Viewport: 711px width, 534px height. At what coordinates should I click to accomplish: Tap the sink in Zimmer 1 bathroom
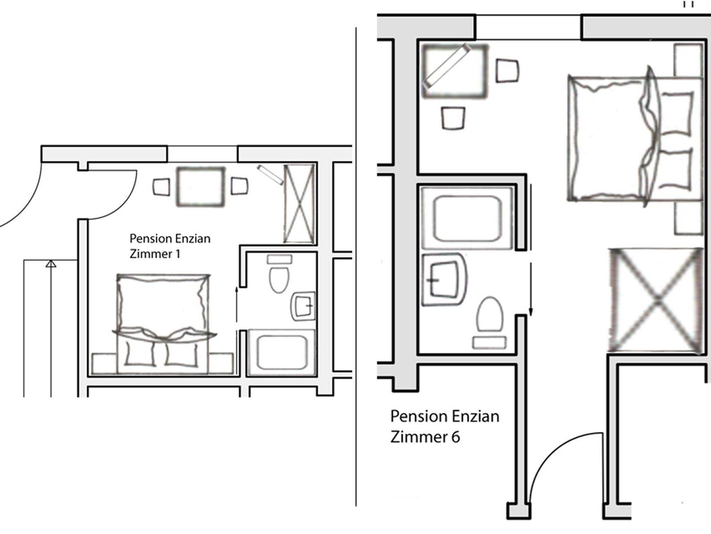click(303, 306)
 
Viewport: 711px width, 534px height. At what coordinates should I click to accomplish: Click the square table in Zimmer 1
click(200, 187)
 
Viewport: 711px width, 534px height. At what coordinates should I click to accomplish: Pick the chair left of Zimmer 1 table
click(161, 187)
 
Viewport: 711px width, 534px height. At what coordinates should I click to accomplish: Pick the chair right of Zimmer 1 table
click(240, 186)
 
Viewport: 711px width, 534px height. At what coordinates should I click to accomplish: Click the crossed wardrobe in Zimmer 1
click(299, 204)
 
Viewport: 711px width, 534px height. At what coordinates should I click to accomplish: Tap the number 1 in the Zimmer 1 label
click(178, 254)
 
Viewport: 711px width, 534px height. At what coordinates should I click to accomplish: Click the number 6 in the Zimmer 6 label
click(455, 436)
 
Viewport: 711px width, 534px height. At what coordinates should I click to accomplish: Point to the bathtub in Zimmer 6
click(467, 218)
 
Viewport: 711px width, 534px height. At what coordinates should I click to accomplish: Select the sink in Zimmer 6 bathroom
click(444, 280)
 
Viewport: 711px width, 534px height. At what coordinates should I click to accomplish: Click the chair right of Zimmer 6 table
click(507, 71)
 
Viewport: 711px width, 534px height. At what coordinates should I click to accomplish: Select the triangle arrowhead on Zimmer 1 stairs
click(51, 264)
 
